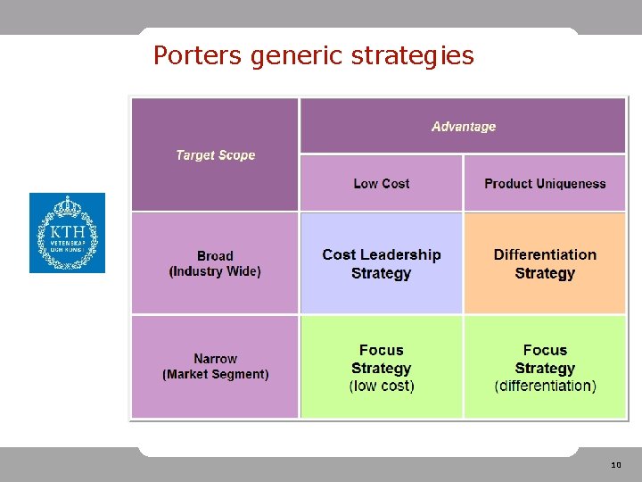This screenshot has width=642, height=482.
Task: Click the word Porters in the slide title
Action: click(x=198, y=55)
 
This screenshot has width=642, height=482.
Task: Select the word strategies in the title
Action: click(x=413, y=56)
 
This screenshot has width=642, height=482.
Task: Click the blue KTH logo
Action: click(x=67, y=233)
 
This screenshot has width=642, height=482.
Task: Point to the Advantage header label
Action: click(x=464, y=127)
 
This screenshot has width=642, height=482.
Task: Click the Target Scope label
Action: click(x=216, y=155)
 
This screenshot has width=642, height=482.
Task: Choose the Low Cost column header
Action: click(x=382, y=184)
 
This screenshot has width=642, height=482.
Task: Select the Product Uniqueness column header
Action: click(x=545, y=184)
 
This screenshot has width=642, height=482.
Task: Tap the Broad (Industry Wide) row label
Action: click(x=215, y=263)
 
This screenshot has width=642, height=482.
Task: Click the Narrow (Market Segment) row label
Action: click(x=216, y=367)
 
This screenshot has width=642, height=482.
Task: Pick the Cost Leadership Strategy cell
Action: click(x=382, y=264)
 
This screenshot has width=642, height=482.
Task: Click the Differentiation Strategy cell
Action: click(x=545, y=264)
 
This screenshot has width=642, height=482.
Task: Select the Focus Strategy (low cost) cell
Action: click(x=382, y=368)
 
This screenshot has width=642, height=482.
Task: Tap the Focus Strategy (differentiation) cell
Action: click(x=545, y=368)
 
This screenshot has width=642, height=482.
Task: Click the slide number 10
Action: click(x=616, y=465)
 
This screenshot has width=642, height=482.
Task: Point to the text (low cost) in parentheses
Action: click(x=382, y=386)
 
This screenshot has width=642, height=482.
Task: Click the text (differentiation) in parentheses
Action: click(x=545, y=386)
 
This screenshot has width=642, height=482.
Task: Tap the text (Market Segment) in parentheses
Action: click(x=216, y=375)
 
